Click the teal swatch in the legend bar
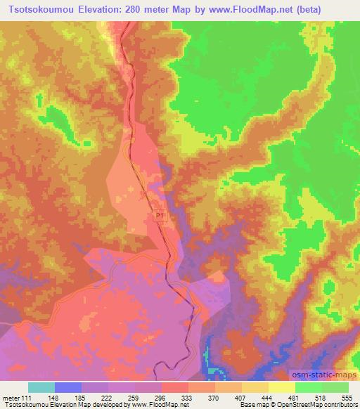[41, 387]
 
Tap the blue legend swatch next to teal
[68, 387]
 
